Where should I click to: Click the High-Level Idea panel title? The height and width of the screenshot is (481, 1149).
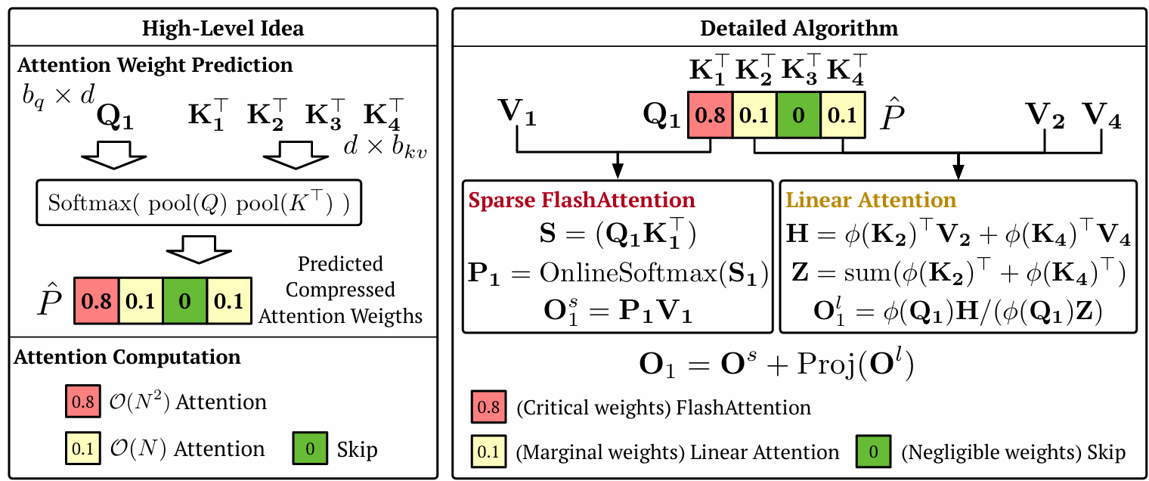coord(223,28)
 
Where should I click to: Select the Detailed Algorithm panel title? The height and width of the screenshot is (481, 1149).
coord(799,28)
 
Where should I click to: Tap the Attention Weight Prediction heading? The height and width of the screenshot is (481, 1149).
coord(155,65)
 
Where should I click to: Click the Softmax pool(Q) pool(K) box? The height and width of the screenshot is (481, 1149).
coord(199,203)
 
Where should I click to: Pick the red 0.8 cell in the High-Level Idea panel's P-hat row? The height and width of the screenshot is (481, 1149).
coord(95,301)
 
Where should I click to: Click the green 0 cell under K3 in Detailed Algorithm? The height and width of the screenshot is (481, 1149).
coord(799,116)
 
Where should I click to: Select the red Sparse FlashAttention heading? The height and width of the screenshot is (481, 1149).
coord(581,200)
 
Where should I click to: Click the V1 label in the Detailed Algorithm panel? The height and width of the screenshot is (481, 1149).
coord(516,115)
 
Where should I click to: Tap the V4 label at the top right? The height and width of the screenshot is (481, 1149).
coord(1101,115)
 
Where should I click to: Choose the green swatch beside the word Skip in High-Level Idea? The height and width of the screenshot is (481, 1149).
coord(310,449)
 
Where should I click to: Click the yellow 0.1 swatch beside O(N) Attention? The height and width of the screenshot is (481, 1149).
coord(82,449)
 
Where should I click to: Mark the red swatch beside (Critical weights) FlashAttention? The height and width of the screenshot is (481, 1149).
coord(488,408)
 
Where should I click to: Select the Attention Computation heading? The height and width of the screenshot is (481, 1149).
coord(127,357)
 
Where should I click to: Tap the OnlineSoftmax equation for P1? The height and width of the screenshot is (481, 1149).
coord(617,272)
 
